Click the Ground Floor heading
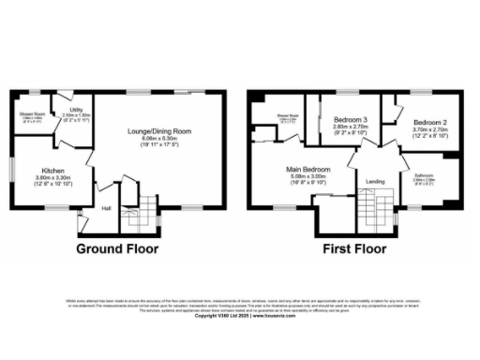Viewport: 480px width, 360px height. click(x=117, y=249)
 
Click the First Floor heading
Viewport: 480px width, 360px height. click(x=357, y=249)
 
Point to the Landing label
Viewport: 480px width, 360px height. click(x=375, y=181)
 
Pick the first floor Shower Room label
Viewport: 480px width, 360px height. click(x=287, y=115)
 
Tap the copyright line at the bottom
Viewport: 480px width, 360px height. click(x=239, y=316)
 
